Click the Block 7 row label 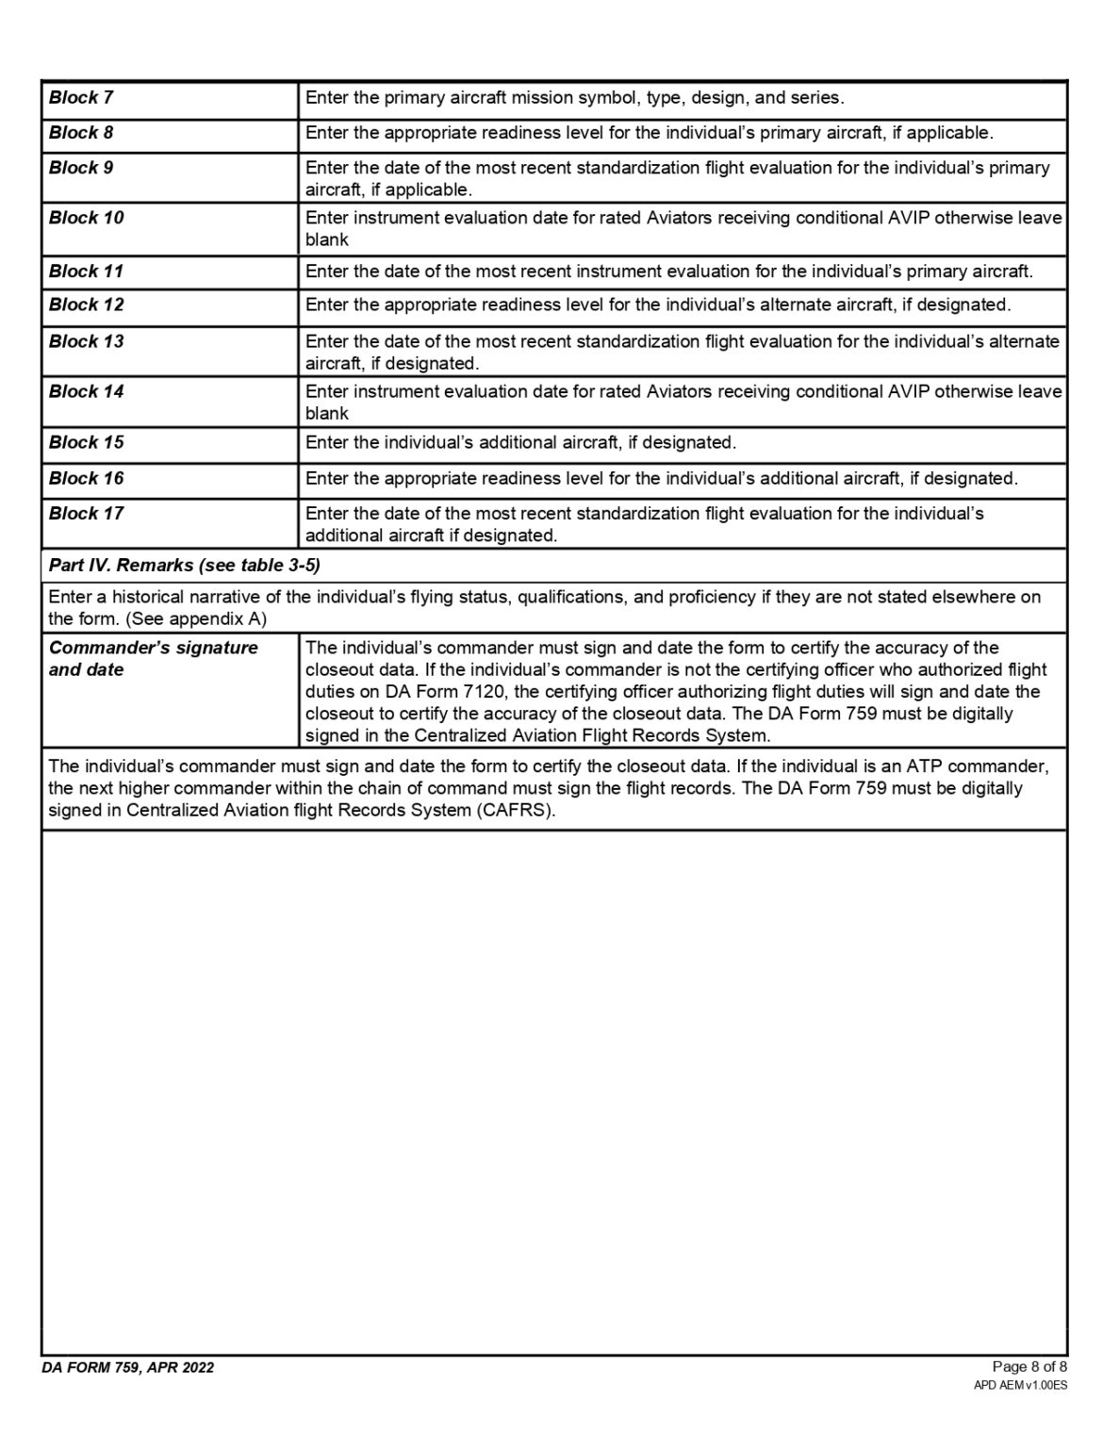[x=81, y=98]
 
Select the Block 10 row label [x=86, y=218]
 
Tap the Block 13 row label [x=86, y=341]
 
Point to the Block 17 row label [x=86, y=514]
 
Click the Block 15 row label [x=86, y=442]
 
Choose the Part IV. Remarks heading [x=184, y=566]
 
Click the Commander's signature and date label [x=153, y=659]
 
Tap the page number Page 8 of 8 [x=1029, y=1367]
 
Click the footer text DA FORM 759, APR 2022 [x=127, y=1368]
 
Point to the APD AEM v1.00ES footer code [x=1020, y=1386]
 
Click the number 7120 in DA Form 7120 [x=485, y=692]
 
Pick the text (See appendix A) [x=196, y=619]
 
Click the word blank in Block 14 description [x=326, y=413]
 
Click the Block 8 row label [x=81, y=133]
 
